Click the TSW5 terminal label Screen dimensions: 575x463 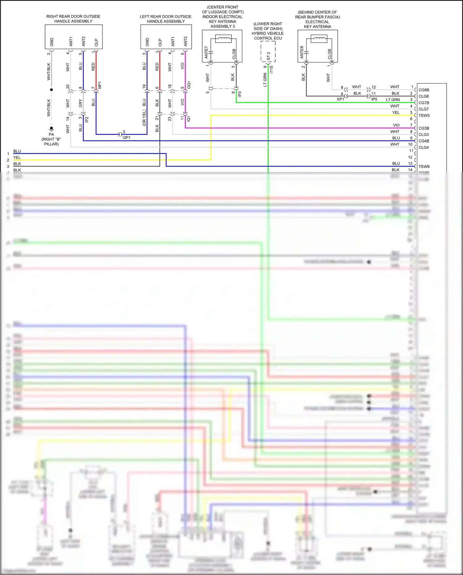(x=424, y=116)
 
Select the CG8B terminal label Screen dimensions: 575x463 (x=423, y=90)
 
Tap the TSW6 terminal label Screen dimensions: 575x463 (x=424, y=167)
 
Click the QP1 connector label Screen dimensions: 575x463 (x=127, y=137)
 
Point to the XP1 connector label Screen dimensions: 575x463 (x=340, y=99)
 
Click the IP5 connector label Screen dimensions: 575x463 (x=374, y=99)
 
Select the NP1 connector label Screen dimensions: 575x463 (x=100, y=85)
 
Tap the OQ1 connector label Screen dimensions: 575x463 (x=189, y=85)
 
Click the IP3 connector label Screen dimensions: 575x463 (x=240, y=94)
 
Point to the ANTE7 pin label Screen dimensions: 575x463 (x=206, y=52)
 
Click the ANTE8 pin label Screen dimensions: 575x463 (x=302, y=52)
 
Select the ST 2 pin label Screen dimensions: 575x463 (x=268, y=56)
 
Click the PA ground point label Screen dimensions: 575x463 (x=51, y=134)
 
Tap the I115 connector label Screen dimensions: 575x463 (x=271, y=70)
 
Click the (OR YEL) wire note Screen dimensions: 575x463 (x=144, y=118)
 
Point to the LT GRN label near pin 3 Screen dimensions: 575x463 (x=393, y=99)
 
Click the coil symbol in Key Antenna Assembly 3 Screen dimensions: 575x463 (x=223, y=39)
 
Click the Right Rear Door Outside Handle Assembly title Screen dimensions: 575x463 (x=73, y=19)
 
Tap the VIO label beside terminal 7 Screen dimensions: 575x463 (x=396, y=125)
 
